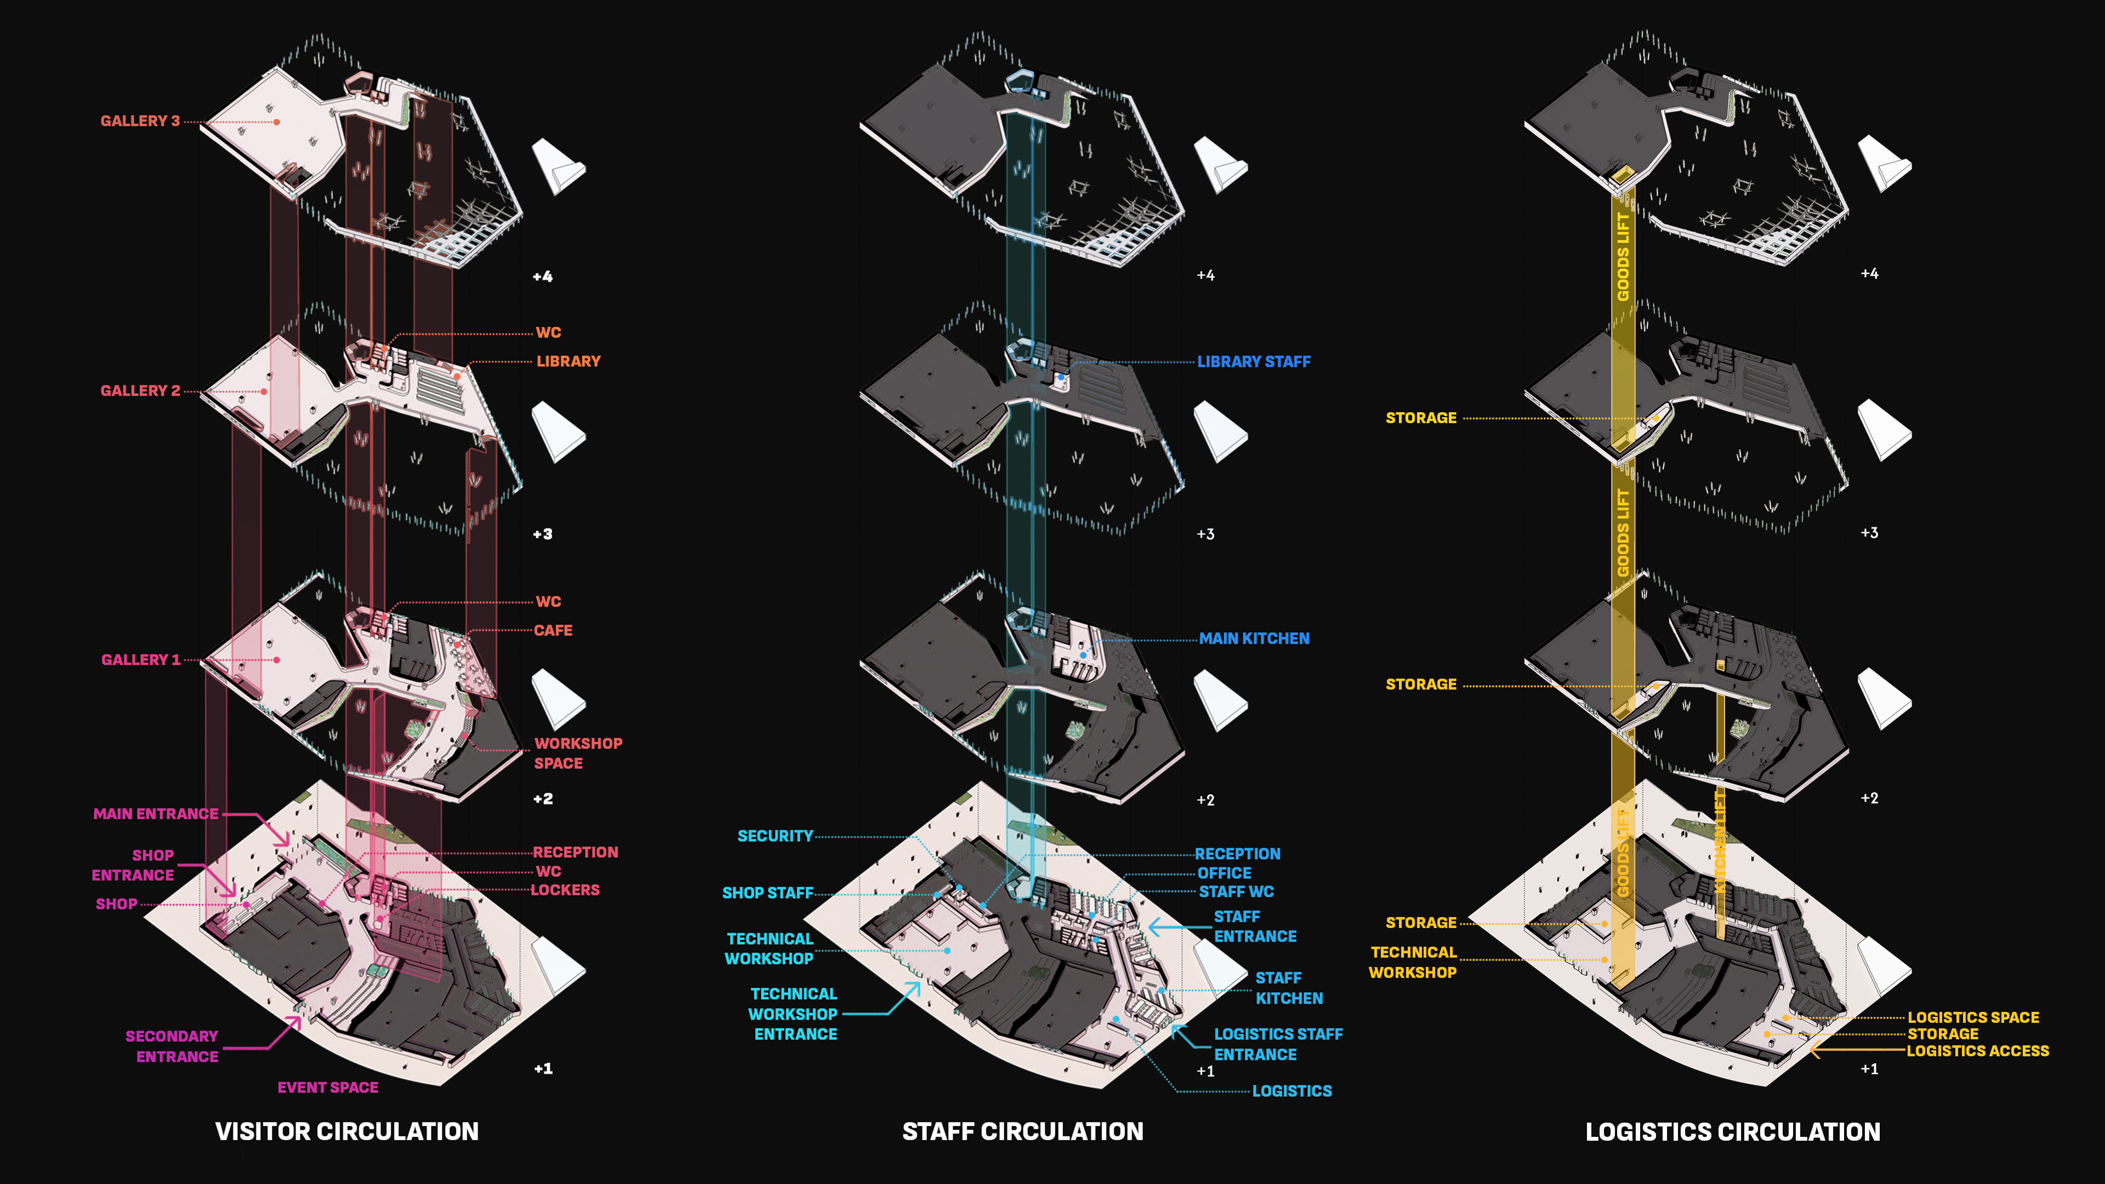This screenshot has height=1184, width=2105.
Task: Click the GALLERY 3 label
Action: [140, 121]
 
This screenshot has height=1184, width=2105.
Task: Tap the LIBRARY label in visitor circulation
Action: [568, 361]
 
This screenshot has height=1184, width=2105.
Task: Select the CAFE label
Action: [553, 630]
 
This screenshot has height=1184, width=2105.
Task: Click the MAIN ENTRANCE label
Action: [155, 814]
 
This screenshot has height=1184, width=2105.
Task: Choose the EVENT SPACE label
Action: [328, 1088]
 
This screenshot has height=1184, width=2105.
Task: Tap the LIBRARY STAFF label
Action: [1254, 361]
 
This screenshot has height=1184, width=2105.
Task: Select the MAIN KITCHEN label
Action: [1254, 638]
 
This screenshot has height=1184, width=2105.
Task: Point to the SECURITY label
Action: [775, 836]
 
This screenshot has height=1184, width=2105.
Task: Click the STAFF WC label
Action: [1236, 891]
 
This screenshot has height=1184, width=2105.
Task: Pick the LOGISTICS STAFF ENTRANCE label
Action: [1277, 1044]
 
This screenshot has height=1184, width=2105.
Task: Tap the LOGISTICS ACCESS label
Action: [1977, 1051]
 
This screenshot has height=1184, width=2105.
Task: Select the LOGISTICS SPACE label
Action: [1973, 1017]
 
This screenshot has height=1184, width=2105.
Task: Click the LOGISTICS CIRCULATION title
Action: [1732, 1132]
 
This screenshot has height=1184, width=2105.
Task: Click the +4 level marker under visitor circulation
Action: [543, 276]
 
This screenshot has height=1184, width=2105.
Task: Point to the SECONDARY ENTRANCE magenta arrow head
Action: [296, 1021]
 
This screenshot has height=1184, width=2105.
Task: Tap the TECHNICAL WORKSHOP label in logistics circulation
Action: [1412, 963]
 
